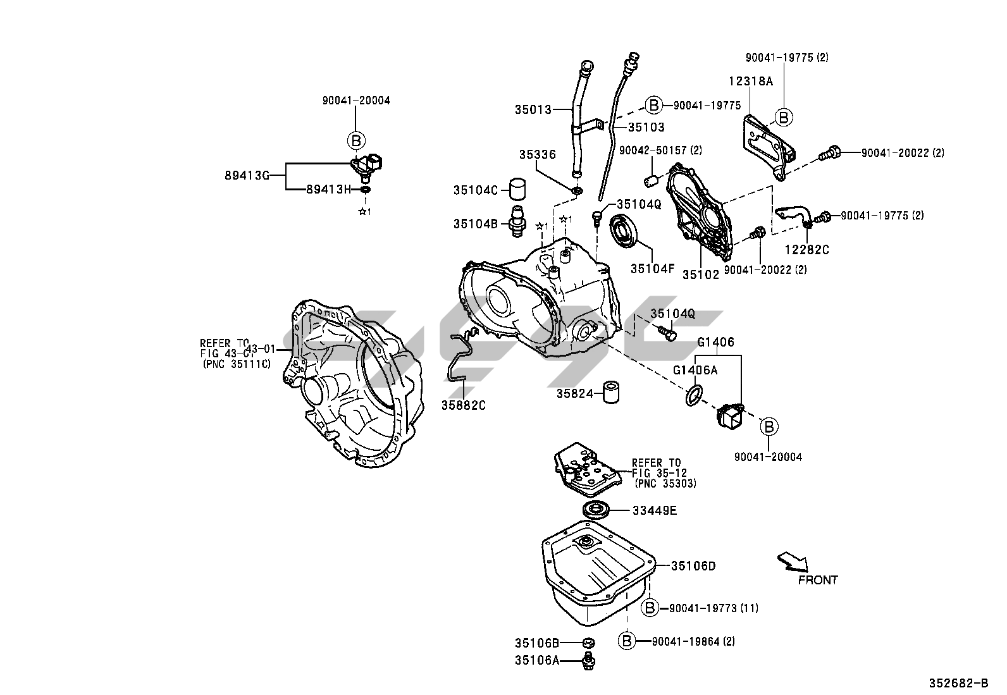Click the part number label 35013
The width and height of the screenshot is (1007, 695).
[x=533, y=109]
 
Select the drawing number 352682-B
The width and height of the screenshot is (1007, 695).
[x=958, y=684]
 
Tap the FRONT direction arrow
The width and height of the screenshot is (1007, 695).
[x=793, y=560]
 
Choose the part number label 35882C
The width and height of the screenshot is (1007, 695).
[x=464, y=405]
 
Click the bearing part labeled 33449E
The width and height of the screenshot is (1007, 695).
[x=596, y=510]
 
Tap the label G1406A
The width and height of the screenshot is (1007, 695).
[x=695, y=371]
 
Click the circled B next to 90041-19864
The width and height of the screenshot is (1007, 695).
[x=627, y=641]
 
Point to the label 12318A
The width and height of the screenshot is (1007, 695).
[x=750, y=82]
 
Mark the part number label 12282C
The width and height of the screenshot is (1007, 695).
[x=806, y=250]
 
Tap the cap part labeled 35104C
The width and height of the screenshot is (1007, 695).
[x=518, y=188]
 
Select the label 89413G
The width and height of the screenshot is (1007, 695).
[x=247, y=176]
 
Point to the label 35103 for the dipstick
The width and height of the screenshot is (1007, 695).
[x=646, y=127]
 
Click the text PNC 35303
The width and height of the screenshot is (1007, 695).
[x=665, y=483]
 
